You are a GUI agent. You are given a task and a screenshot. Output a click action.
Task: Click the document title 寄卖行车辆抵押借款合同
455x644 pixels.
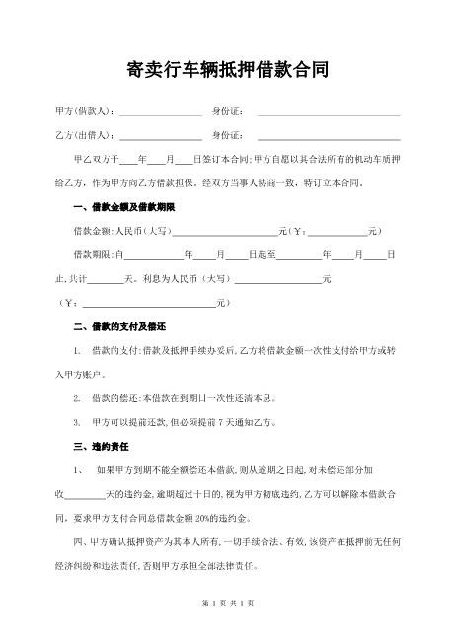pyautogui.click(x=228, y=70)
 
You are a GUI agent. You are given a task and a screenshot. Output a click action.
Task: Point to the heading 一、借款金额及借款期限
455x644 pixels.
pyautogui.click(x=124, y=208)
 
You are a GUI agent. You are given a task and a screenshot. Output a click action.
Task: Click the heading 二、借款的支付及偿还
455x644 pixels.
pyautogui.click(x=119, y=326)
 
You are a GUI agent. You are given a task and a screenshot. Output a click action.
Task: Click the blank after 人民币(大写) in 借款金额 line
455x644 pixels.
pyautogui.click(x=225, y=232)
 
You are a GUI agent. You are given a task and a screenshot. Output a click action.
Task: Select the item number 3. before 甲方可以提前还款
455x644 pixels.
pyautogui.click(x=78, y=422)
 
